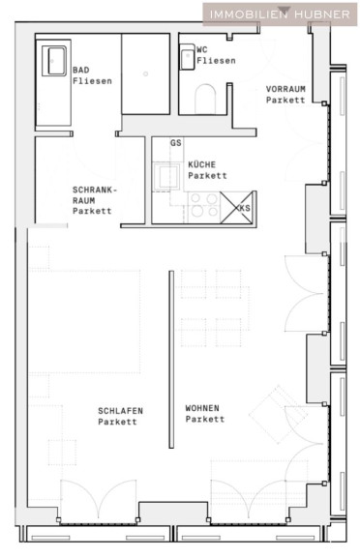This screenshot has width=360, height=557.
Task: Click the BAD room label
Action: [x=80, y=70]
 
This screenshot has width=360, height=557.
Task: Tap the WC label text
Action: [x=202, y=49]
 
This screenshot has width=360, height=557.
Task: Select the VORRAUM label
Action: [x=285, y=89]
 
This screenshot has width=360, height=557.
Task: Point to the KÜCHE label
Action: [x=202, y=164]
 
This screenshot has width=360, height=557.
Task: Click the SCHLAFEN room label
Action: [x=120, y=411]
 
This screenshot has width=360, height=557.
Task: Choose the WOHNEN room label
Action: [x=202, y=408]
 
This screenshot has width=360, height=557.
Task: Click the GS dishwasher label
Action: [x=176, y=143]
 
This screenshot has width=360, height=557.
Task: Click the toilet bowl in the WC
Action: [x=205, y=99]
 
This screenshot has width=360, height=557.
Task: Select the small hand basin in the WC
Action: [x=187, y=57]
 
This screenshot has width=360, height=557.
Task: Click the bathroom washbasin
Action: [x=54, y=61]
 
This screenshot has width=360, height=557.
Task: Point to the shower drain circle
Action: [x=145, y=73]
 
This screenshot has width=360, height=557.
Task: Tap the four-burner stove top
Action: [x=203, y=205]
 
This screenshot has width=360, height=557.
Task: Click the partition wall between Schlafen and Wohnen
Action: [x=171, y=359]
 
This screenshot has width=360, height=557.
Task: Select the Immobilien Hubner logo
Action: [x=280, y=15]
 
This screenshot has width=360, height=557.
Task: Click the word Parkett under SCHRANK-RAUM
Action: [x=92, y=211]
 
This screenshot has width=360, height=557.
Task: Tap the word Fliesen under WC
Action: [x=216, y=61]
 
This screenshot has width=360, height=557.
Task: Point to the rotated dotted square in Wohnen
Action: [x=279, y=415]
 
